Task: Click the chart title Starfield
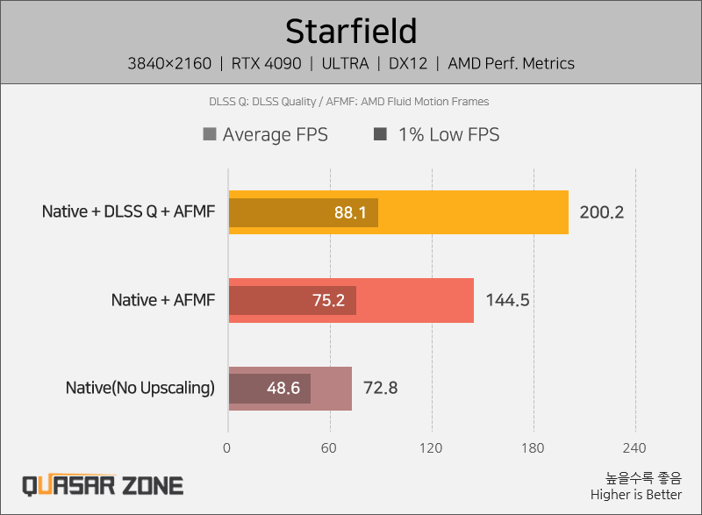(350, 31)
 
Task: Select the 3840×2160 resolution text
(170, 63)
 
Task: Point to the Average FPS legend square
(209, 134)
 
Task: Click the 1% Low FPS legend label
(448, 134)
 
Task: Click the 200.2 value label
(601, 212)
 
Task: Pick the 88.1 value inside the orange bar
(350, 213)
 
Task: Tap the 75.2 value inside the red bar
(328, 301)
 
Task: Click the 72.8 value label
(381, 388)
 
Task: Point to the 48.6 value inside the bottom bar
(283, 389)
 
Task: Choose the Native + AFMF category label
(162, 300)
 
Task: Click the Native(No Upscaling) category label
(140, 388)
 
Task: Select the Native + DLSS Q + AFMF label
(128, 212)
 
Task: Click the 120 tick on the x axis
(431, 447)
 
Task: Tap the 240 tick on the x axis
(634, 447)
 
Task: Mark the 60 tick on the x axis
(330, 447)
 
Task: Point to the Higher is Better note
(635, 494)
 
